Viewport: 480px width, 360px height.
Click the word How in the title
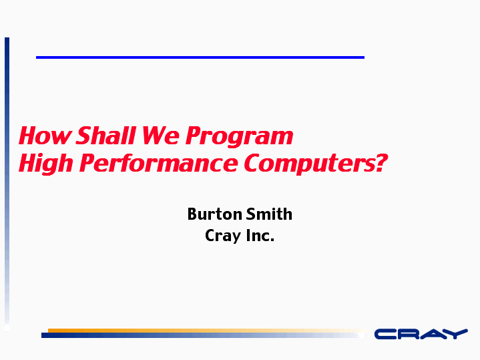[x=45, y=136]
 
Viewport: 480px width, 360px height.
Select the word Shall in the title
[x=105, y=136]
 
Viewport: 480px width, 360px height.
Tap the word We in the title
[x=161, y=136]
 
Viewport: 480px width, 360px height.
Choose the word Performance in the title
[x=159, y=163]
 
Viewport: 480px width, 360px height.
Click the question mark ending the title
[x=381, y=163]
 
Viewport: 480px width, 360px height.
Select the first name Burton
[x=214, y=214]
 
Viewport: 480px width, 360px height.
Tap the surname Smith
[x=269, y=214]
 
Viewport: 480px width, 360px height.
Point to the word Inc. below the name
[x=260, y=235]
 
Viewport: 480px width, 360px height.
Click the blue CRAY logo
[x=421, y=334]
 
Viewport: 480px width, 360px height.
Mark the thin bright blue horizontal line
[x=200, y=57]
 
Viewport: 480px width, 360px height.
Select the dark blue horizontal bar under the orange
[x=203, y=335]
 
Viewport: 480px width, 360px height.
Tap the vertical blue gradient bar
[x=7, y=184]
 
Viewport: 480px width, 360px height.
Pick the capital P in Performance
[x=87, y=163]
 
